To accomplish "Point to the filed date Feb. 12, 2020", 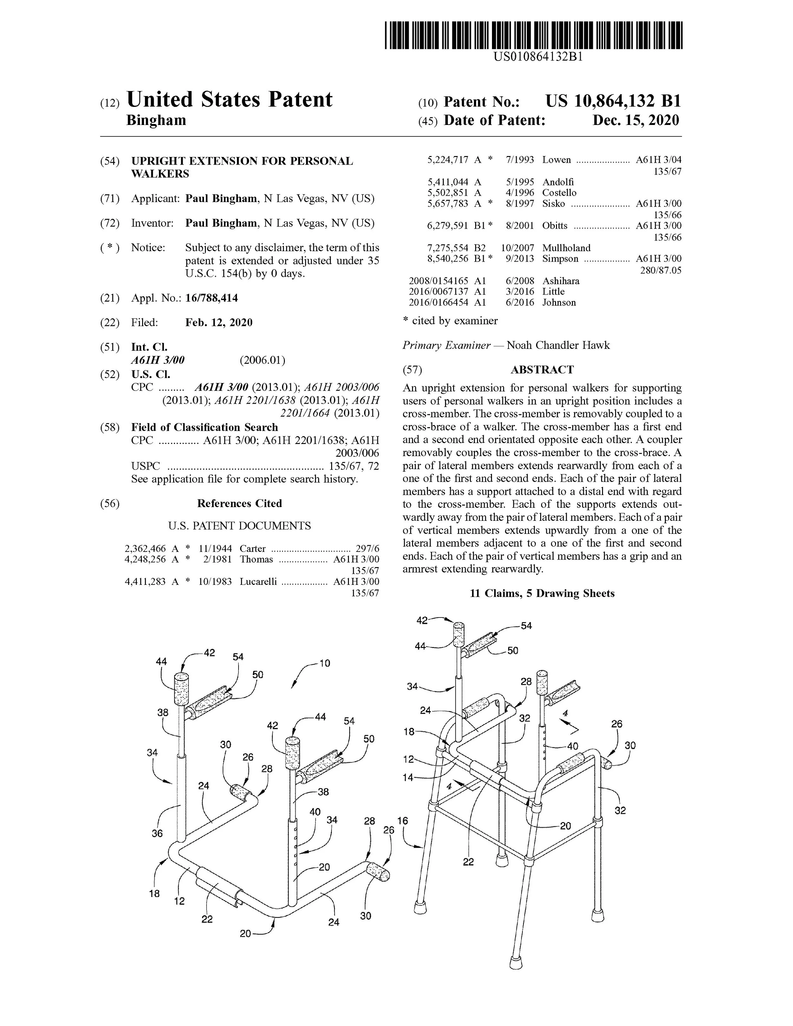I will click(219, 322).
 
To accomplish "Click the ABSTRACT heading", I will click(542, 370).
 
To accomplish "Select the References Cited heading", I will click(239, 504).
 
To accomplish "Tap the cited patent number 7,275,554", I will click(447, 248).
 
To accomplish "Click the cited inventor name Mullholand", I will click(566, 248).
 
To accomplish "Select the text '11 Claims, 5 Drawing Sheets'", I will click(542, 593).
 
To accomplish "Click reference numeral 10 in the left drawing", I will click(324, 663).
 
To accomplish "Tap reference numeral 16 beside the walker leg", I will click(403, 821).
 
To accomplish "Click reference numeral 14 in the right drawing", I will click(408, 777).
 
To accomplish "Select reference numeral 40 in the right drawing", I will click(572, 746).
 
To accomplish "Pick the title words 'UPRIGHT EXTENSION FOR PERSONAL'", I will click(242, 161).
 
